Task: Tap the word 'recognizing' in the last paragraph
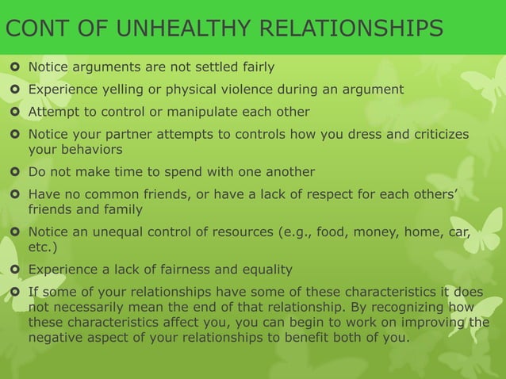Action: point(421,307)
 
